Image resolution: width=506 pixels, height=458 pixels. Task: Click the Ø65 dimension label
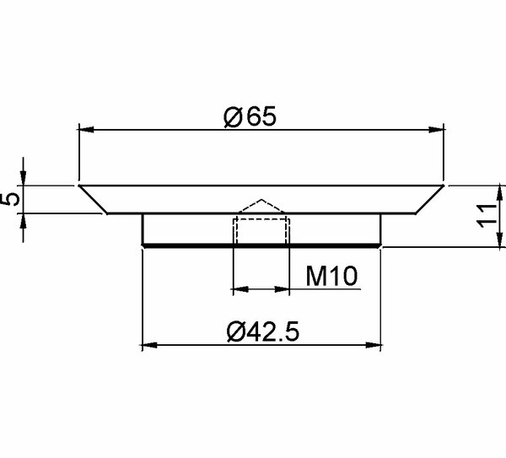pos(250,116)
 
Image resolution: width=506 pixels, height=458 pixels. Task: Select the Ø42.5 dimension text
pos(262,331)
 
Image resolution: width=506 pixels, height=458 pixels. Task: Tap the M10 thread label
pos(331,276)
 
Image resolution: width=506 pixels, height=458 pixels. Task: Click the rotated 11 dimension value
pos(487,216)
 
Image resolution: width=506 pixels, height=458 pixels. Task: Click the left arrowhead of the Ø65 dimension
pos(86,130)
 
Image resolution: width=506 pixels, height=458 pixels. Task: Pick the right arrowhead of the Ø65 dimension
pos(436,130)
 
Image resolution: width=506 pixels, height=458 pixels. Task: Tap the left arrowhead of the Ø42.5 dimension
pos(150,345)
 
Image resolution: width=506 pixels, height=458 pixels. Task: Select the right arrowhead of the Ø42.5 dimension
pos(374,345)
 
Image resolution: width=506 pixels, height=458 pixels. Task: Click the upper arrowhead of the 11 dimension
pos(500,193)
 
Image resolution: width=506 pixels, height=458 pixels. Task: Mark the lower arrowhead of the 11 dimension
pos(500,240)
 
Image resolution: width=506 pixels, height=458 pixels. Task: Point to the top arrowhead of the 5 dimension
pos(23,178)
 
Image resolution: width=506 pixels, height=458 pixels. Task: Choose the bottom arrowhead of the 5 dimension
pos(23,221)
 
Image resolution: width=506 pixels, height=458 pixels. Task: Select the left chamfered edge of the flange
pos(93,199)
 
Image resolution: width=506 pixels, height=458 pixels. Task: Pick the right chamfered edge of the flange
pos(430,199)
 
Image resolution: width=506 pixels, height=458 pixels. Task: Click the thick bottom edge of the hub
pos(261,246)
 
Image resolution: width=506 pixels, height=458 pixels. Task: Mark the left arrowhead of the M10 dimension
pos(240,289)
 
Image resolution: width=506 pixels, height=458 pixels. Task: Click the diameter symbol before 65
pos(233,117)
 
